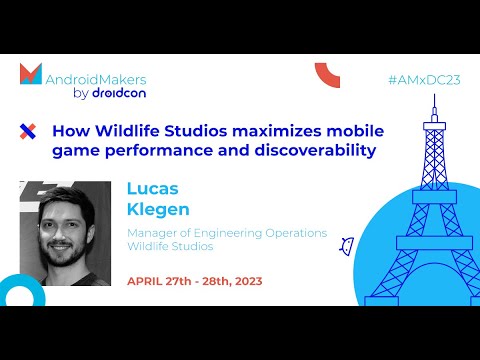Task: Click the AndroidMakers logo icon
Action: [31, 75]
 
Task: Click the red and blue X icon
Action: [28, 131]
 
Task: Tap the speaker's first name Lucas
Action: [150, 189]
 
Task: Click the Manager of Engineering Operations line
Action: [226, 233]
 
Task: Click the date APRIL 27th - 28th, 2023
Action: [194, 281]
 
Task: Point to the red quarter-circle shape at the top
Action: [326, 74]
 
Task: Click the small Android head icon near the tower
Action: [347, 245]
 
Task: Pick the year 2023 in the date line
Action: [246, 281]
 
